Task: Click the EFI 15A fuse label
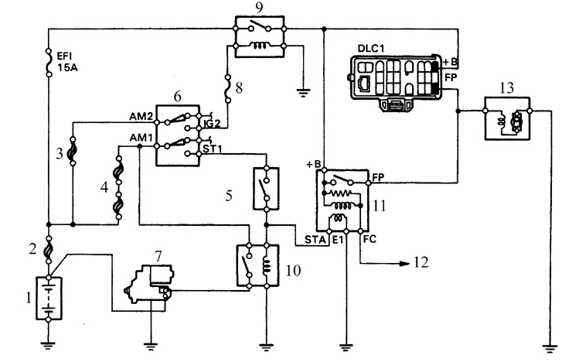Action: (67, 61)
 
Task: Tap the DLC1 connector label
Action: (371, 49)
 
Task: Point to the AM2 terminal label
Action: (141, 117)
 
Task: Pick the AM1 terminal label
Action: (141, 138)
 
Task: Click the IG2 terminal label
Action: (212, 124)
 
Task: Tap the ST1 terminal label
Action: (213, 149)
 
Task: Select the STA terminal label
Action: (315, 239)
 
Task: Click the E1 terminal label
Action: (338, 239)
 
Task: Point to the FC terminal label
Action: (370, 239)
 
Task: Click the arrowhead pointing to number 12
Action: (405, 264)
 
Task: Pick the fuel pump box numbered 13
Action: (507, 118)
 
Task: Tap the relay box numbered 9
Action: (260, 36)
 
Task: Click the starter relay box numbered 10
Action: (257, 265)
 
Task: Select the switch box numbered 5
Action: (266, 189)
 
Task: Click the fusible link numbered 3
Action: (73, 152)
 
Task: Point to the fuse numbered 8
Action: (227, 89)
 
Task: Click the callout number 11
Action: (380, 206)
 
